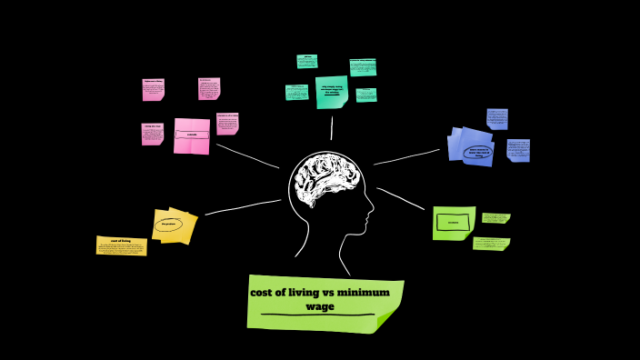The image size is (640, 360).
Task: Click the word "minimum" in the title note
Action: (x=363, y=292)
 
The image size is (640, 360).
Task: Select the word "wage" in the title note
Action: (x=320, y=306)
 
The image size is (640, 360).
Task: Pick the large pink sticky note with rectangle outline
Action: (x=192, y=135)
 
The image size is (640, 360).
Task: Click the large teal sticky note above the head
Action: (x=332, y=91)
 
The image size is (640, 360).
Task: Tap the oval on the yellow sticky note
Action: (x=169, y=224)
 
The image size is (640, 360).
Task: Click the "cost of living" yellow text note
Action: (x=121, y=245)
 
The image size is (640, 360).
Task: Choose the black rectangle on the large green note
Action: (x=453, y=222)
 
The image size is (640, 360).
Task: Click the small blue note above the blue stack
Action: (x=496, y=118)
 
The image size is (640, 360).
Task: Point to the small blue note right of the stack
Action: (x=518, y=150)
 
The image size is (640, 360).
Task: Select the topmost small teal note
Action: (x=307, y=61)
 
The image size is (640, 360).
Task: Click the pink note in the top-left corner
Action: (x=153, y=88)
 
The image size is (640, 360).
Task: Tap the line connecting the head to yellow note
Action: (x=241, y=207)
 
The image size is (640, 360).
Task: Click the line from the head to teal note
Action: (x=331, y=128)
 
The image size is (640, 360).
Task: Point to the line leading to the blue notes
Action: (x=407, y=157)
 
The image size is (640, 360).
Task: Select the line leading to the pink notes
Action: (x=247, y=155)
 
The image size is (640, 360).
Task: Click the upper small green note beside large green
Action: (x=495, y=217)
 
